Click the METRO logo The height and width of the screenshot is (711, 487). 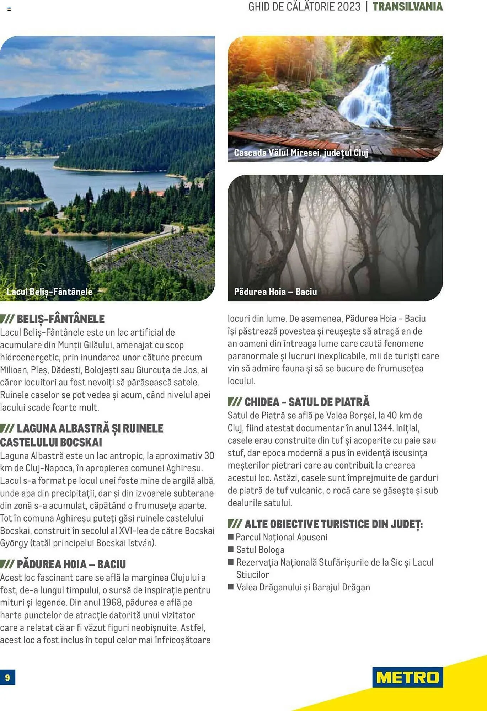[x=407, y=677]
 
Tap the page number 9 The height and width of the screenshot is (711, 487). [x=7, y=678]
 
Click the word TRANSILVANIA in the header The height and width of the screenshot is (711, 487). [x=407, y=7]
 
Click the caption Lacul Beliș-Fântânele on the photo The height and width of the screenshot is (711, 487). [x=49, y=292]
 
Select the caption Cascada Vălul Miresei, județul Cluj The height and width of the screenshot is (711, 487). [x=301, y=153]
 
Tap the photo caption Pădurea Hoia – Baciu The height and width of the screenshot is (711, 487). [x=275, y=292]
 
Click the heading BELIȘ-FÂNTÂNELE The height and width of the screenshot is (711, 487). [x=60, y=319]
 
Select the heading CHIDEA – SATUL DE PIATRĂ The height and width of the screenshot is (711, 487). [x=306, y=402]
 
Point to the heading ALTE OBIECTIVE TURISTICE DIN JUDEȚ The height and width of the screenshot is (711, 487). [x=333, y=524]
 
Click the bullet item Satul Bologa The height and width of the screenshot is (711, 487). [x=260, y=550]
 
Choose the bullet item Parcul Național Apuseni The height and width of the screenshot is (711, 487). [x=281, y=537]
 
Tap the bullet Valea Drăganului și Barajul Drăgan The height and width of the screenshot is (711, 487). [x=303, y=587]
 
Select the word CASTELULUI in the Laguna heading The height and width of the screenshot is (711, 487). [x=24, y=442]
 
